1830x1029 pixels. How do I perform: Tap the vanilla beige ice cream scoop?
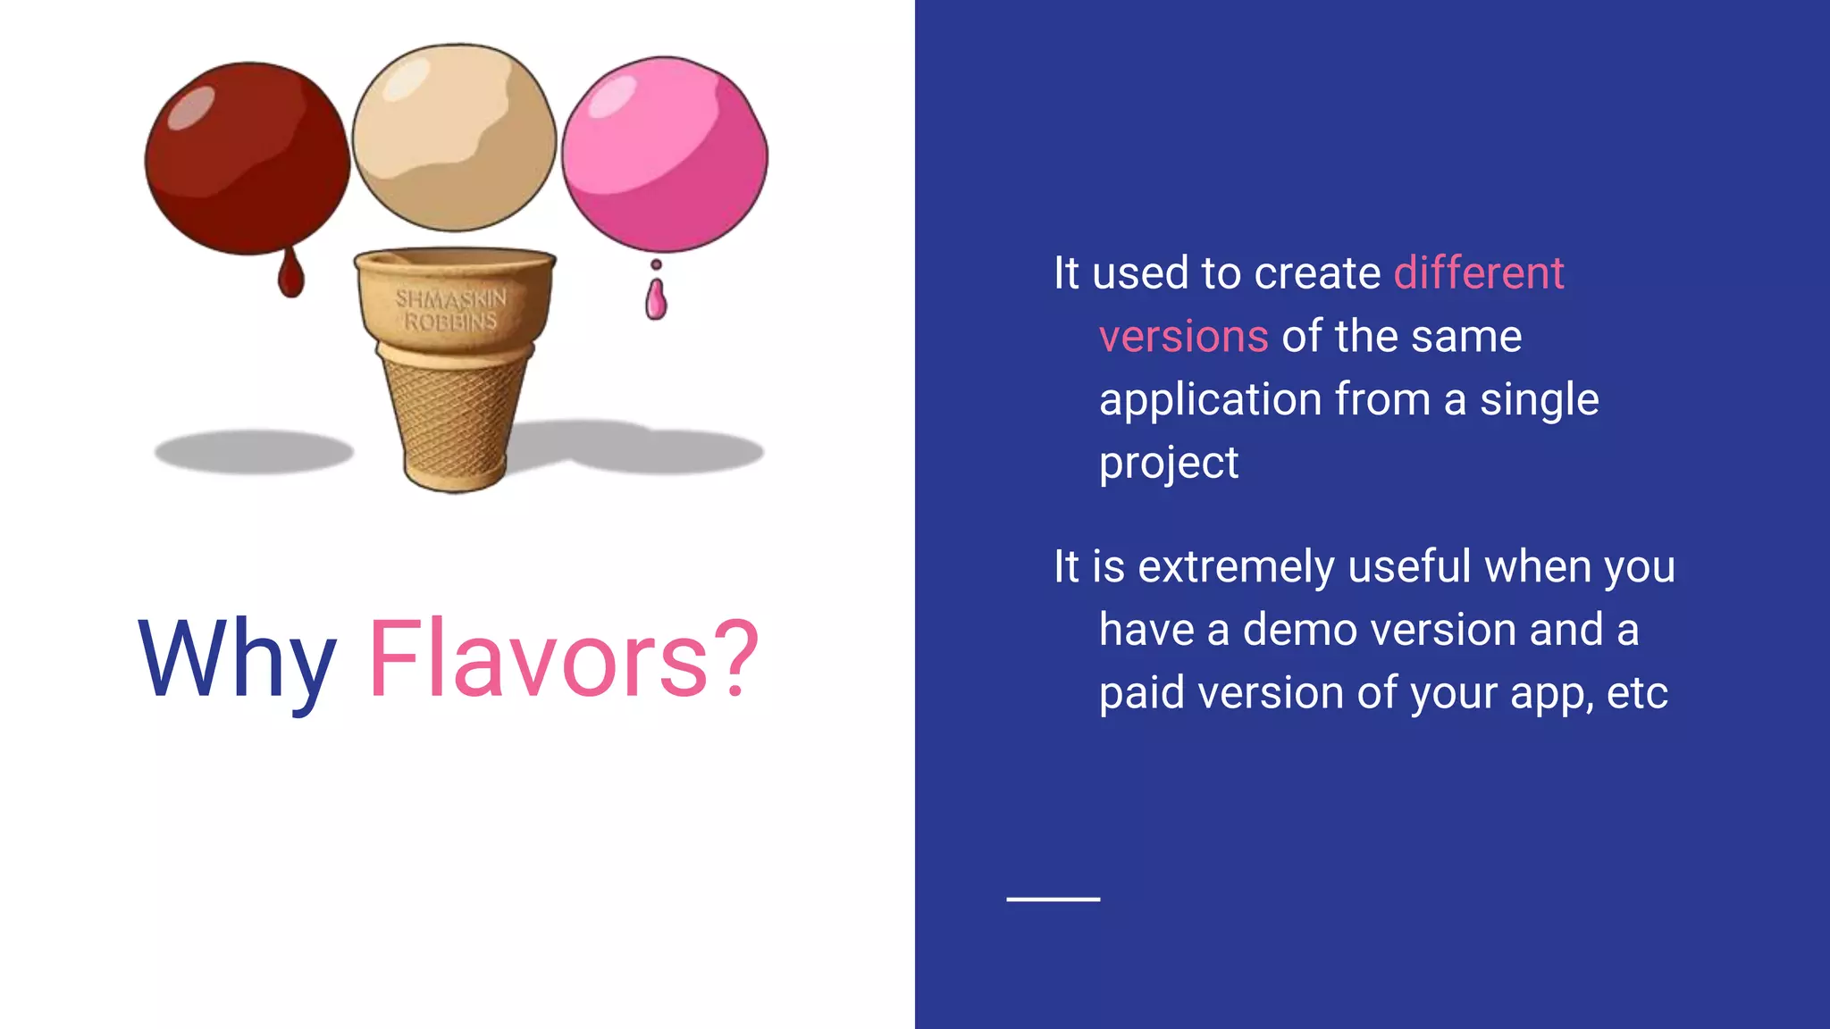pyautogui.click(x=454, y=138)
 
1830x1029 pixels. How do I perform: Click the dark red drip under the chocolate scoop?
pyautogui.click(x=290, y=275)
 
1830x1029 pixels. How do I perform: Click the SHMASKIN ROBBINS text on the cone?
pyautogui.click(x=451, y=309)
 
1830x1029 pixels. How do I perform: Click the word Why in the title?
pyautogui.click(x=237, y=661)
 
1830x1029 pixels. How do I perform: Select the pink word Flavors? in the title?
pyautogui.click(x=563, y=661)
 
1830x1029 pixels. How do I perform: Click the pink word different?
pyautogui.click(x=1479, y=273)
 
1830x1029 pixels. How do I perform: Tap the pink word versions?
pyautogui.click(x=1183, y=337)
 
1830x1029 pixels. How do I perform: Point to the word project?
pyautogui.click(x=1168, y=464)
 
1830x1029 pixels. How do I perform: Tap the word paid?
pyautogui.click(x=1140, y=694)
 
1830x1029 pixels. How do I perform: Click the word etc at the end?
pyautogui.click(x=1637, y=694)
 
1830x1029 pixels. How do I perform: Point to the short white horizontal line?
pyautogui.click(x=1053, y=899)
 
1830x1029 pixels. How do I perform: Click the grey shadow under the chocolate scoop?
pyautogui.click(x=254, y=451)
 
